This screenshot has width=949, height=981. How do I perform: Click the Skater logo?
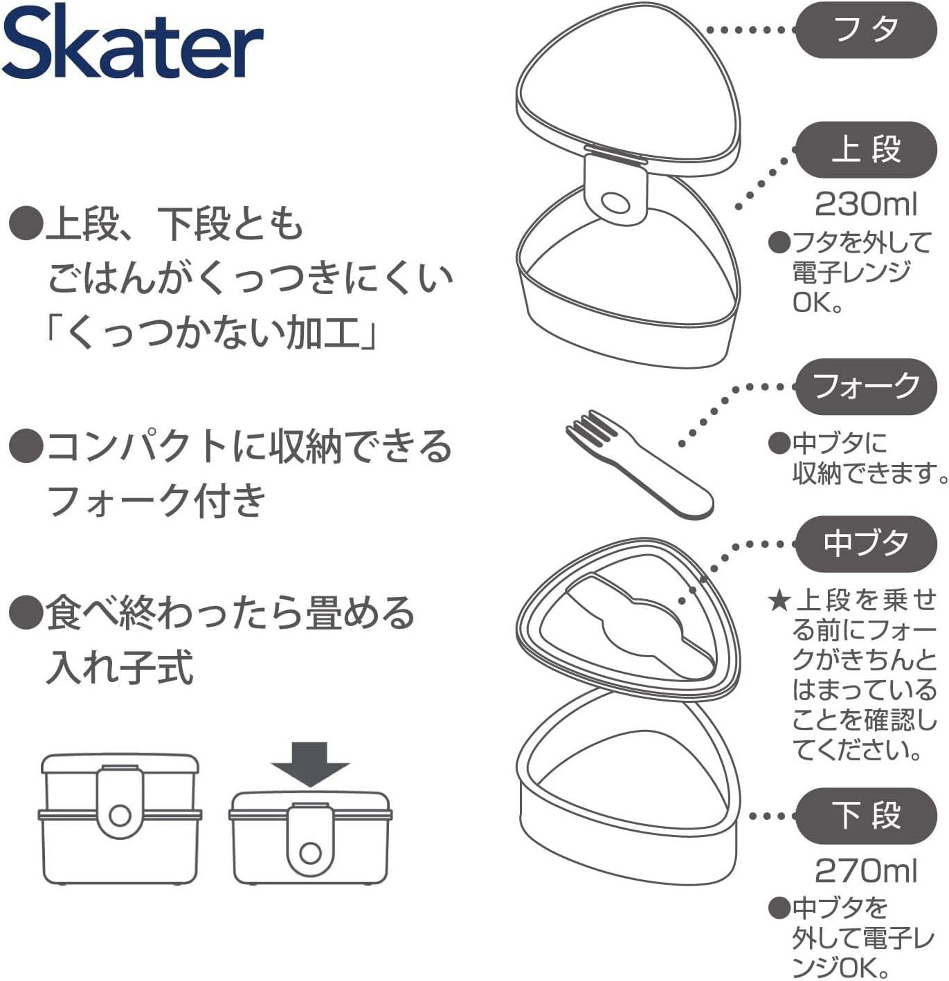point(132,42)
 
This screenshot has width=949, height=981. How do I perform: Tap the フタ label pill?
point(866,30)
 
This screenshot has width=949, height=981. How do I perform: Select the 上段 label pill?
point(866,149)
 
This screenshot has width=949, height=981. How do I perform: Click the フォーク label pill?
point(866,387)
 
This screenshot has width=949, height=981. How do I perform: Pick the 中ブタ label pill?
point(866,544)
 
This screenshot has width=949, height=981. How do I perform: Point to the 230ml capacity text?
point(866,204)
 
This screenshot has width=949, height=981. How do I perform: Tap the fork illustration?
point(639,464)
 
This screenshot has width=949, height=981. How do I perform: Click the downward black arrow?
point(310,764)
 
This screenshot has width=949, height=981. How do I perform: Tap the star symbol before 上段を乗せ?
point(779,602)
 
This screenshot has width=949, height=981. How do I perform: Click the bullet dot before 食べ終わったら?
point(25,612)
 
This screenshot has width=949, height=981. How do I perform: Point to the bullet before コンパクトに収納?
point(25,446)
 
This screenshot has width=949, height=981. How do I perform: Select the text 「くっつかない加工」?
point(210,333)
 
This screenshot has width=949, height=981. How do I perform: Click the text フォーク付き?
point(156,499)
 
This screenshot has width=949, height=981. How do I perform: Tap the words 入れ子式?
point(120,666)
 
